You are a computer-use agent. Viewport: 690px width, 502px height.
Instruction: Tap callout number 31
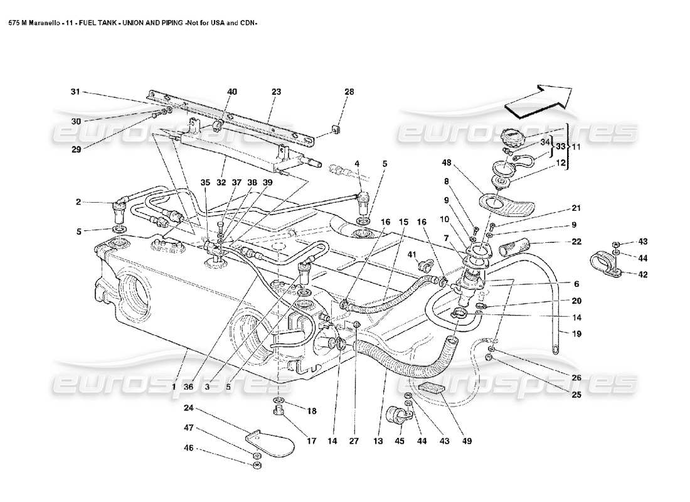coord(75,92)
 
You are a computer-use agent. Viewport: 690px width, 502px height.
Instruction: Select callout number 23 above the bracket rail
coord(275,92)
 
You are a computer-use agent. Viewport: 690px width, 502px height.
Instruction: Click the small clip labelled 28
coord(336,131)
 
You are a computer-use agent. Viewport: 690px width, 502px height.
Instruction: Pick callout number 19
coord(576,334)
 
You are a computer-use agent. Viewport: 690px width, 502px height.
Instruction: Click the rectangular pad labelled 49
coord(432,389)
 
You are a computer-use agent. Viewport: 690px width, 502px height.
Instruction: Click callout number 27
coord(354,442)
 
